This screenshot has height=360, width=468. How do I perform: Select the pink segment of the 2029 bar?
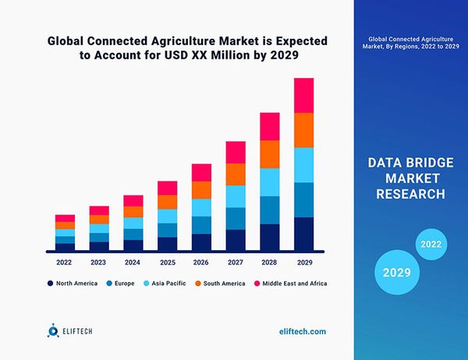[304, 95]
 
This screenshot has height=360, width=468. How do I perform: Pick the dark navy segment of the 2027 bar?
[236, 241]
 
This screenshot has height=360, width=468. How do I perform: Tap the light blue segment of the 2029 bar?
[304, 164]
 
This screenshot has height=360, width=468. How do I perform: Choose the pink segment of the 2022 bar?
[65, 218]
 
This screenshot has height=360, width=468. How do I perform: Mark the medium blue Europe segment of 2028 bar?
[269, 210]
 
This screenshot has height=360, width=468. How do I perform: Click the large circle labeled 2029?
[397, 273]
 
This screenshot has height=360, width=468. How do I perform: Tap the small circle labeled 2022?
[431, 244]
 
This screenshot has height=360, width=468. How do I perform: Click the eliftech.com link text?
[303, 331]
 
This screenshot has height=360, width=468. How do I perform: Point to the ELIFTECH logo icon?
[53, 331]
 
